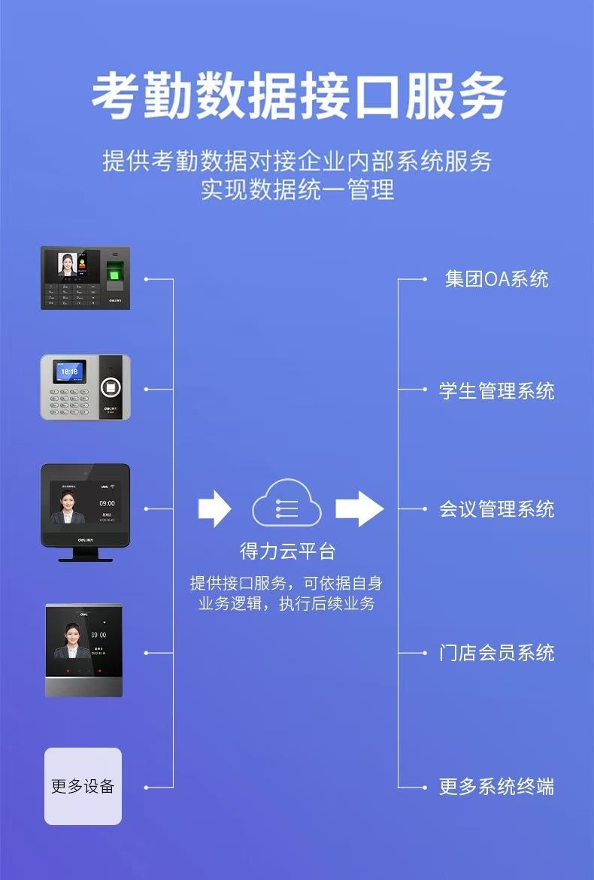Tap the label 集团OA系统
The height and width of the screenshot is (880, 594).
(x=496, y=279)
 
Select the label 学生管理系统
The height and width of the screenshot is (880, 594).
(x=496, y=390)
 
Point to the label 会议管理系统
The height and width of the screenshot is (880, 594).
(x=496, y=509)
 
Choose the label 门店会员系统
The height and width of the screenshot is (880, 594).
(x=496, y=652)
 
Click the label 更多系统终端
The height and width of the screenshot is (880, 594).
(x=496, y=787)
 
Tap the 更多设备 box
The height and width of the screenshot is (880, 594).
(x=83, y=787)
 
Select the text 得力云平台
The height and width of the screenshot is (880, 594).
(x=287, y=551)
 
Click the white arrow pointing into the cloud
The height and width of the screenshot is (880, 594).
(x=214, y=508)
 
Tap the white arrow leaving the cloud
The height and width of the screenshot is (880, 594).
(x=359, y=508)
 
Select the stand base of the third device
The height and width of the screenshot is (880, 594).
(x=85, y=557)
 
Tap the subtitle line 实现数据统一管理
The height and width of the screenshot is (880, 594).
(x=297, y=190)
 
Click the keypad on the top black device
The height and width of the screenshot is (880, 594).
(x=72, y=294)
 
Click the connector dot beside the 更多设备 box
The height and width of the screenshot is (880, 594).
(x=147, y=787)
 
